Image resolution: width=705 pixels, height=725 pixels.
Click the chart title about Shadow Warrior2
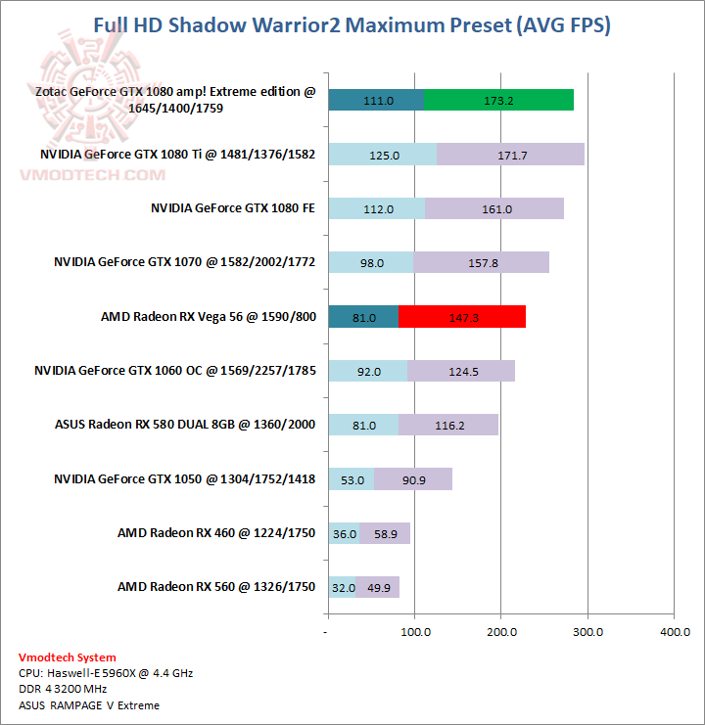(352, 25)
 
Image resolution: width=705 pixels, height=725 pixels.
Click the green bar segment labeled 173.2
(498, 100)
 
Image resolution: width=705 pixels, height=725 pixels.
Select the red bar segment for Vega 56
(462, 317)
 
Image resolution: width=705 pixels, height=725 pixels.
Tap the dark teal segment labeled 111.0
(377, 100)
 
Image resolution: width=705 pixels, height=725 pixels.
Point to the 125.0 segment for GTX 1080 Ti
(383, 155)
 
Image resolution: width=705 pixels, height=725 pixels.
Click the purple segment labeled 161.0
(494, 208)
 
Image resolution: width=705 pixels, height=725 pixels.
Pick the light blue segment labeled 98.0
(371, 262)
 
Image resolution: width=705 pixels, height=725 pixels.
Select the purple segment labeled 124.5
(460, 371)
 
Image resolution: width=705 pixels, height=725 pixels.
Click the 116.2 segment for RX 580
(448, 426)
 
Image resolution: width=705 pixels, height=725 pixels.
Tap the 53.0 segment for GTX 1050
(352, 479)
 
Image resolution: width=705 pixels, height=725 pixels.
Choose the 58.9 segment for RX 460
(385, 533)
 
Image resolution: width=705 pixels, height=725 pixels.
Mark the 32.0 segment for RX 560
(343, 587)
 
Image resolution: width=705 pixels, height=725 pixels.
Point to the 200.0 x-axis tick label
(500, 633)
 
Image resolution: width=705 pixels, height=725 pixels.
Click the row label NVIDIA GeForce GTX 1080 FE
(233, 208)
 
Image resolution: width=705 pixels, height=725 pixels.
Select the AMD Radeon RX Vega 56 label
(209, 317)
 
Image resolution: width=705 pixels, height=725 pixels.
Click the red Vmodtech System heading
(67, 657)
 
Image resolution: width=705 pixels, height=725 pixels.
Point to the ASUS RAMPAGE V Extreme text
(88, 704)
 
